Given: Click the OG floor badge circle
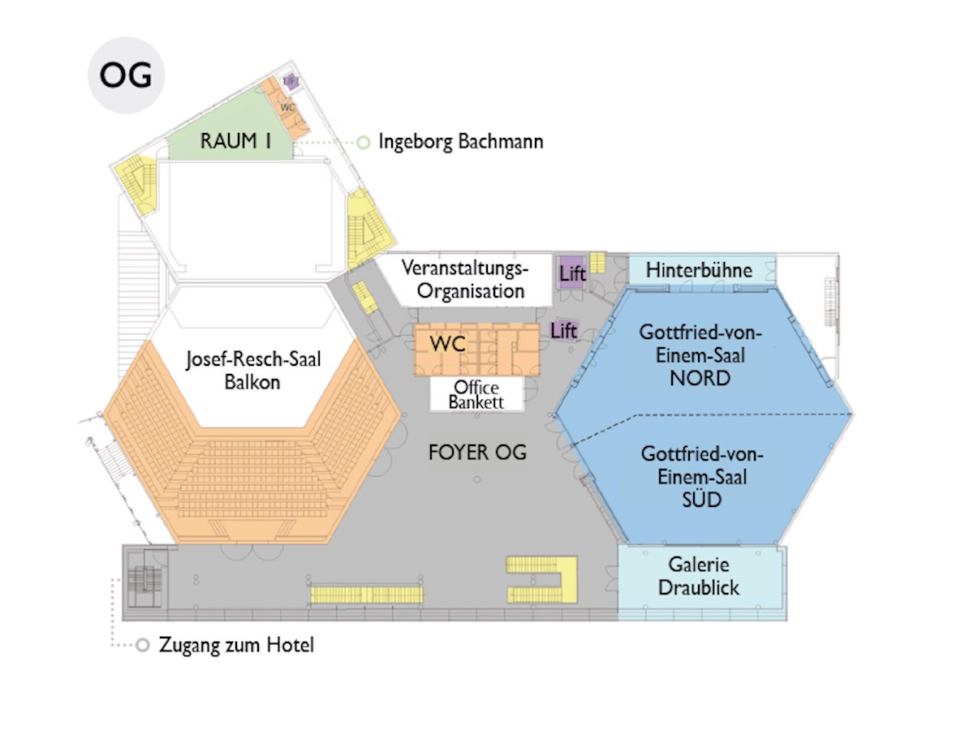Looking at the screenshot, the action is [126, 75].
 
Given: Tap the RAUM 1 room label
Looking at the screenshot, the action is [235, 141].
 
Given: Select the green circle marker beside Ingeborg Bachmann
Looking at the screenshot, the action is [364, 143].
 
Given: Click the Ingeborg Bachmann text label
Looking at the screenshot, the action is [460, 142].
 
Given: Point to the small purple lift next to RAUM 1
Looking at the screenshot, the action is [291, 81].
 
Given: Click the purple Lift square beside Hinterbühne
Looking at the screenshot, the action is [571, 273].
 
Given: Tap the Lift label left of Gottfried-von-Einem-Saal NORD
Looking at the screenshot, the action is [563, 331].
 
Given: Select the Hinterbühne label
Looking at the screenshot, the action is [699, 270].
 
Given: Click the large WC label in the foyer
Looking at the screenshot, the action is [447, 343].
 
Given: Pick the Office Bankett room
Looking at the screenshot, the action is [477, 394].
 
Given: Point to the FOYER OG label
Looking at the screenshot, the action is [477, 453].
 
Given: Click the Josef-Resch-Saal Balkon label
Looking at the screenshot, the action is [253, 371].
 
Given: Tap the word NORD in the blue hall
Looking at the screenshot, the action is [700, 378].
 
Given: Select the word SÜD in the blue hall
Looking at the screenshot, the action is [701, 500].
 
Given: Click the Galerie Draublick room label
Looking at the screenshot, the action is [699, 576].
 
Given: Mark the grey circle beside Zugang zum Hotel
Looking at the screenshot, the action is [142, 645].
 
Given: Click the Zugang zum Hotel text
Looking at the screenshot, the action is [236, 646].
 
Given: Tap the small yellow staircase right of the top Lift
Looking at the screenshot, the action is [597, 264].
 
